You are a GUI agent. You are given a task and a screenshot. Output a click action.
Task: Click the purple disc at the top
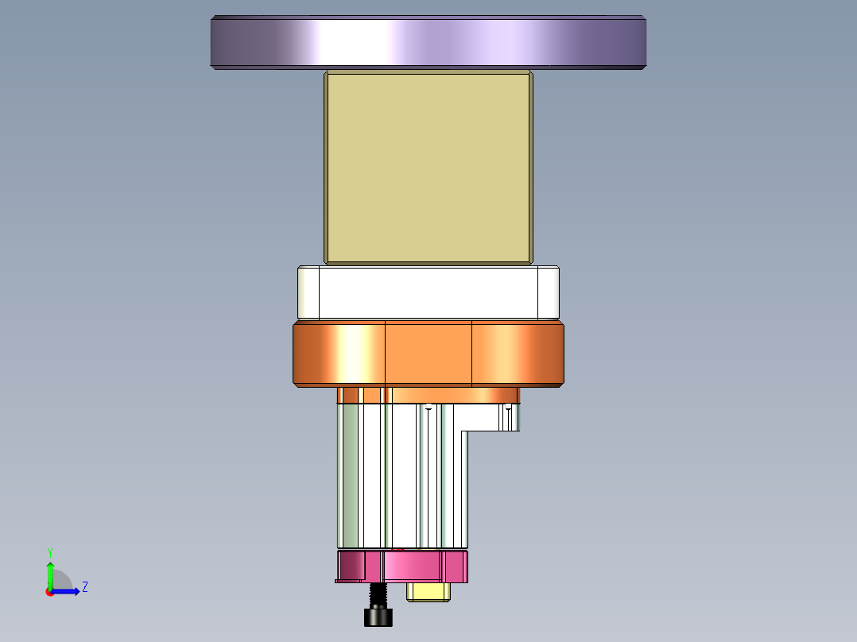[428, 42]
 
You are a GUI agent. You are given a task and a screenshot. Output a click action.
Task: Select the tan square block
[428, 168]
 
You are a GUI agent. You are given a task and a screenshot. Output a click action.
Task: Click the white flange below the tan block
[428, 292]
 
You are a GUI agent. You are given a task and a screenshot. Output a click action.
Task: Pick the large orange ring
[428, 354]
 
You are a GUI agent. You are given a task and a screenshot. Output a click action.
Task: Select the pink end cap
[413, 566]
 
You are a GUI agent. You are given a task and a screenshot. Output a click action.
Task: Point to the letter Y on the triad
[49, 551]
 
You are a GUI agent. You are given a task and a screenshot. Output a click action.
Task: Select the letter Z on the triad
[84, 587]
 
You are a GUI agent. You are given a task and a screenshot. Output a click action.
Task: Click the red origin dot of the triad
[49, 592]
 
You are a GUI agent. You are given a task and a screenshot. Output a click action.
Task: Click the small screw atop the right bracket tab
[508, 407]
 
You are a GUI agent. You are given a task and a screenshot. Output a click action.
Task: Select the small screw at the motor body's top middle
[428, 407]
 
